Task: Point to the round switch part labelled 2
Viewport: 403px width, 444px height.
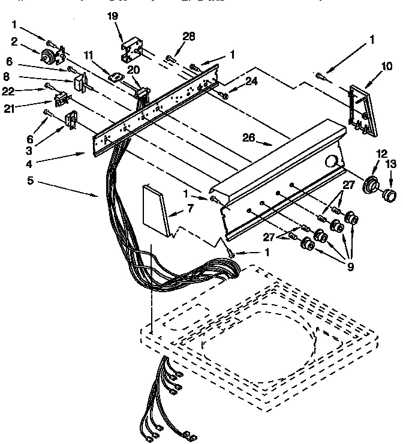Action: pyautogui.click(x=46, y=57)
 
